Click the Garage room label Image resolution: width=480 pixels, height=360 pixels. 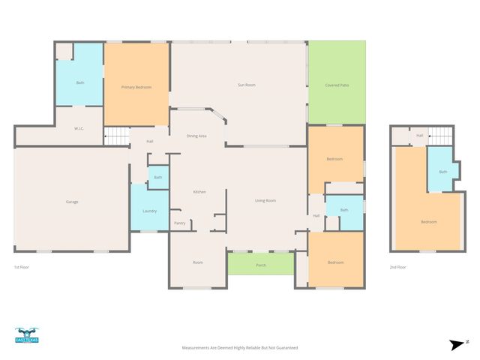point(72,202)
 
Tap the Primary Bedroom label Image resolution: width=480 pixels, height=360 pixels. point(136,88)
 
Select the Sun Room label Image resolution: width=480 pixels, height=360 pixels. point(247,85)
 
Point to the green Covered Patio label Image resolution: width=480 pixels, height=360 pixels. point(337,85)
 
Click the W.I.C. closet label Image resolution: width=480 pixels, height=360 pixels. point(79,128)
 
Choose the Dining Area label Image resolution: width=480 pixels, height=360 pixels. point(196,136)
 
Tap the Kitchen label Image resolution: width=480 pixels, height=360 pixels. point(199,192)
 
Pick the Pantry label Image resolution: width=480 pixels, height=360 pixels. point(180,223)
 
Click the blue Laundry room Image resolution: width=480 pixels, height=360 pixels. point(149,211)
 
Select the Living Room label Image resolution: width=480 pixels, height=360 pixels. point(265,200)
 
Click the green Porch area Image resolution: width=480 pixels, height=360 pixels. point(261,265)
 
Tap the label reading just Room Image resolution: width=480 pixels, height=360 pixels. point(198,262)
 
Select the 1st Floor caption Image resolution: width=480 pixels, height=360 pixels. point(22,267)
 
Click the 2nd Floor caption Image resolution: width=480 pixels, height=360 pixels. point(397,267)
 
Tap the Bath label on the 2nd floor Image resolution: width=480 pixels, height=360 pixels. point(442,172)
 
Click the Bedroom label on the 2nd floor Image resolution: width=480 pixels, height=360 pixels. point(428,222)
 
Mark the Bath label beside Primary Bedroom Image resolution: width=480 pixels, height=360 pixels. point(80,82)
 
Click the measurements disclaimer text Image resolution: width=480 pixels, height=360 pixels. point(240,348)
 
